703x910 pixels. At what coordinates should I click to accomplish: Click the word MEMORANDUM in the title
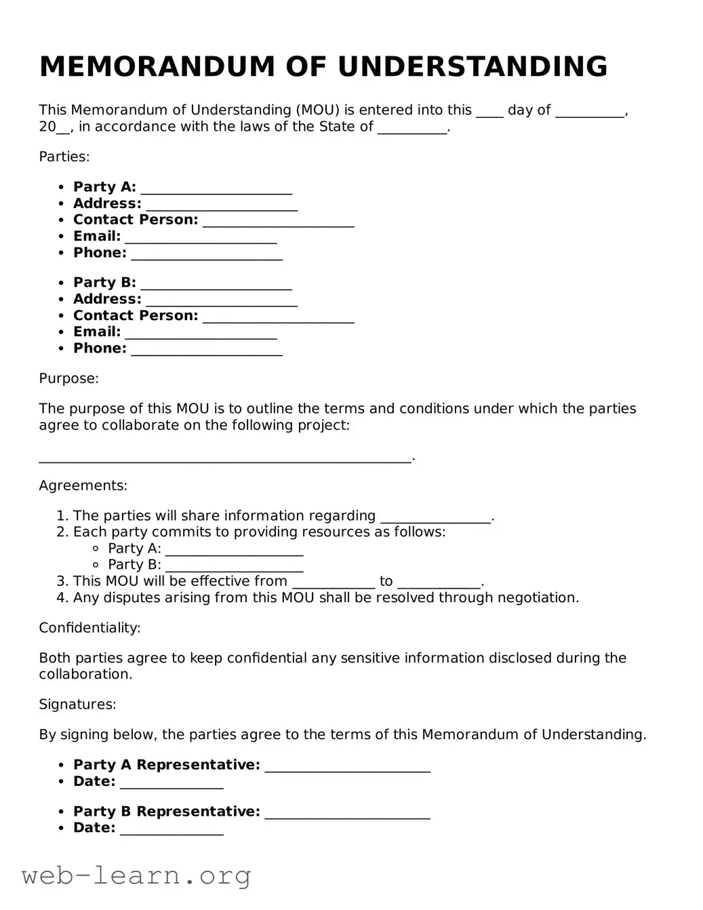157,66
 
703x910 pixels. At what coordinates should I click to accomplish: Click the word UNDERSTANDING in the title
473,66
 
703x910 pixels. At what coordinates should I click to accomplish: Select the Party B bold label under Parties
104,283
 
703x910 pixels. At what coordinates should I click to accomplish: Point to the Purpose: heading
68,378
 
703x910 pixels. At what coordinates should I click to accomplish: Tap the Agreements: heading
83,486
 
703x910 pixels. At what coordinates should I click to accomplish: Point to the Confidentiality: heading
89,628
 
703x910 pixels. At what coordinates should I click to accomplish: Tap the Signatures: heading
77,705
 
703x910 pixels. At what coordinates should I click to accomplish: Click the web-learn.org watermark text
136,875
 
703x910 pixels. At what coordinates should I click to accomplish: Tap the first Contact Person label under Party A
136,220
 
